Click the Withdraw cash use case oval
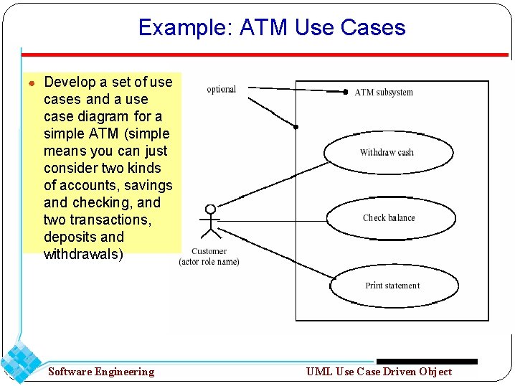(x=388, y=152)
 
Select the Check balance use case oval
(x=388, y=217)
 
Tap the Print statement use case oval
(x=392, y=286)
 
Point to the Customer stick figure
(x=210, y=222)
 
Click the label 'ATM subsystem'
(x=384, y=93)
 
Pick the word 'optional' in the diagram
(x=221, y=90)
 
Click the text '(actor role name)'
(x=209, y=262)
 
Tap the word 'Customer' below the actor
(x=209, y=251)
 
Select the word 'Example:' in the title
(x=186, y=27)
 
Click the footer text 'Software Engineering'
(x=101, y=372)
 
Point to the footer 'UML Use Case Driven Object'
(x=379, y=372)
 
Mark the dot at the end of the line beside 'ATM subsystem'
(x=345, y=92)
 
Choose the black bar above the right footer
(x=427, y=362)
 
